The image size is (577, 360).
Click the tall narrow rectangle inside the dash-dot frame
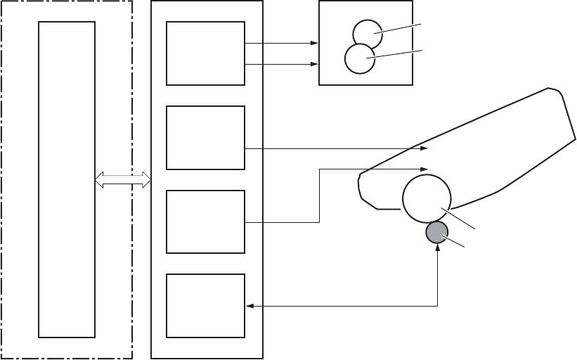click(67, 179)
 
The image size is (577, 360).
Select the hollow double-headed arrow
click(124, 179)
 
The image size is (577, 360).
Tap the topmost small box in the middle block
click(206, 53)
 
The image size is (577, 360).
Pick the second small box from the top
click(206, 138)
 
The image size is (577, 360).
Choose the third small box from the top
click(206, 221)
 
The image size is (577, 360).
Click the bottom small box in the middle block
click(206, 305)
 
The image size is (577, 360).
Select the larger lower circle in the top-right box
click(360, 59)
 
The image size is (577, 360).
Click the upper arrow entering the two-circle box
click(281, 43)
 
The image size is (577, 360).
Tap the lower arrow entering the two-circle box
click(281, 65)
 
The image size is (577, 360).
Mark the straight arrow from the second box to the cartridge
click(337, 148)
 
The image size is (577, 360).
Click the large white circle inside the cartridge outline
click(426, 198)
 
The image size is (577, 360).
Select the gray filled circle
click(438, 233)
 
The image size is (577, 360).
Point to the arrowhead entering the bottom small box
click(249, 305)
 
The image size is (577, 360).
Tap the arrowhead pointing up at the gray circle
click(438, 250)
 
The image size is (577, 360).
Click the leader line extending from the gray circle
click(455, 240)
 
